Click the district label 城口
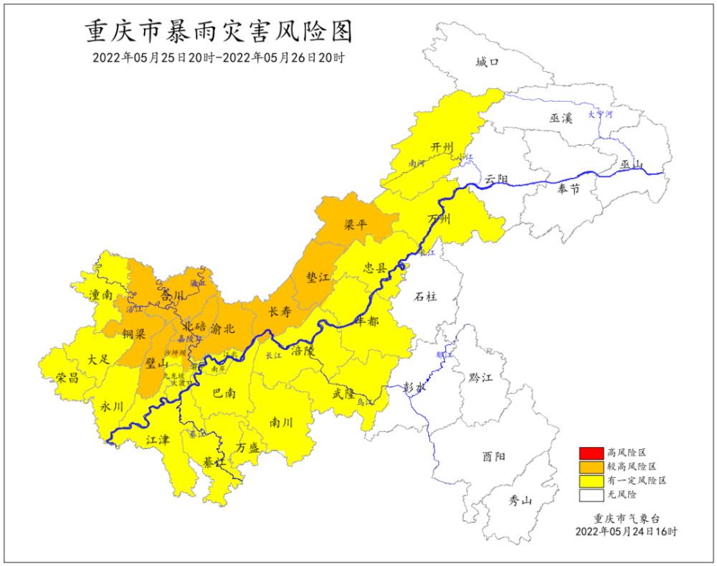pyautogui.click(x=487, y=62)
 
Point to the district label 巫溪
pyautogui.click(x=561, y=118)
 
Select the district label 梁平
pyautogui.click(x=355, y=225)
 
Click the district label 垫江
pyautogui.click(x=317, y=277)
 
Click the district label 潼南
pyautogui.click(x=100, y=295)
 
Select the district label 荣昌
pyautogui.click(x=67, y=377)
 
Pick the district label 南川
pyautogui.click(x=280, y=423)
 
